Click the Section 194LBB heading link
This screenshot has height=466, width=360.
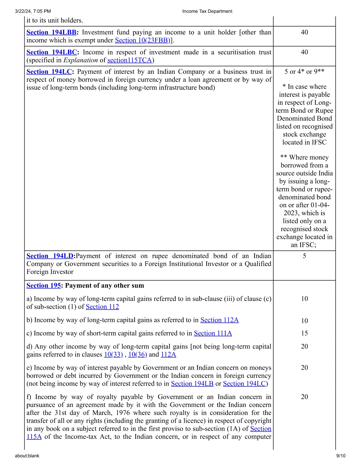tap(51, 32)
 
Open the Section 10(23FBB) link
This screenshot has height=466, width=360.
tap(143, 40)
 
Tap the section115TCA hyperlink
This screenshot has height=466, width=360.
tap(130, 60)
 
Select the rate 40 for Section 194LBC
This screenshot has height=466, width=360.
tap(304, 52)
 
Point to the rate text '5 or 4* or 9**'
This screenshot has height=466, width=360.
tap(304, 72)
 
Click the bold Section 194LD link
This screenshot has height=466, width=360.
tap(50, 256)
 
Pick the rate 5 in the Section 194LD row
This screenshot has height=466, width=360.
tap(304, 256)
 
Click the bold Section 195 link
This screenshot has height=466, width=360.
tap(44, 286)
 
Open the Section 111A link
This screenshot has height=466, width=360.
tap(213, 333)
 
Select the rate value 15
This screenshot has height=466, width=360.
tap(304, 333)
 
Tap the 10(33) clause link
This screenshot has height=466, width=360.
tap(114, 354)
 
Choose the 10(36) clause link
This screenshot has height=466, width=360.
tap(138, 354)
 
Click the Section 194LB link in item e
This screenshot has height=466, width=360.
tap(192, 384)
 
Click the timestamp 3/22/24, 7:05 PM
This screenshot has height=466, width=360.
tap(33, 11)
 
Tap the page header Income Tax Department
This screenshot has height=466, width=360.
tap(207, 11)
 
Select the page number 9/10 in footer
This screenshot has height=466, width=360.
tap(341, 456)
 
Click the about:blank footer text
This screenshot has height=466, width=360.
tap(27, 456)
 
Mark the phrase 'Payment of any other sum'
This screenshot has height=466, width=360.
tap(104, 286)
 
